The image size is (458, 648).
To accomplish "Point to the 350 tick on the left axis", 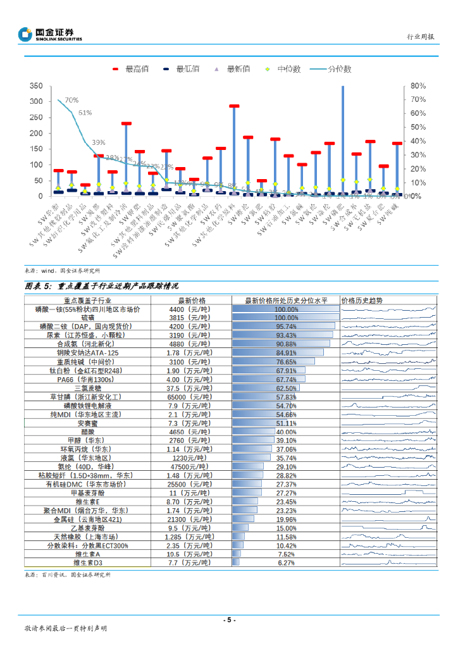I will (36, 85).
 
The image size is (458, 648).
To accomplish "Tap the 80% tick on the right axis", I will (418, 85).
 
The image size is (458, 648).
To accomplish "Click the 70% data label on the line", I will (71, 100).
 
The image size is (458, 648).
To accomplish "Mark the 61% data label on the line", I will (85, 113).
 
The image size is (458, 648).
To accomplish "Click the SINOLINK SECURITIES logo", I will (50, 34).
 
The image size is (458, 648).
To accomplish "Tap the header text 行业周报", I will (420, 37).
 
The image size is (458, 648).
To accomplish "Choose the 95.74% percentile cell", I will (285, 327).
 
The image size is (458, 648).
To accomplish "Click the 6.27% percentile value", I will (286, 562).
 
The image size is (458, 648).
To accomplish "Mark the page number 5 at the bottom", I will (230, 620).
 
